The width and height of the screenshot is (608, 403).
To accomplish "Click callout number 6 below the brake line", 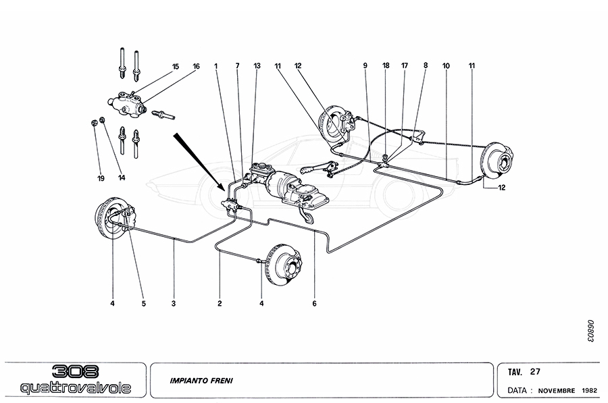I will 314,304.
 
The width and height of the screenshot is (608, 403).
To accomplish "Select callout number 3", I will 174,304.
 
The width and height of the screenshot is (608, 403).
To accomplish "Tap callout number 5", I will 143,304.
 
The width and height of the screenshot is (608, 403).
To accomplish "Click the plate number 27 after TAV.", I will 534,371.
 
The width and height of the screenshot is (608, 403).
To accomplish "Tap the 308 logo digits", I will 75,371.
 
